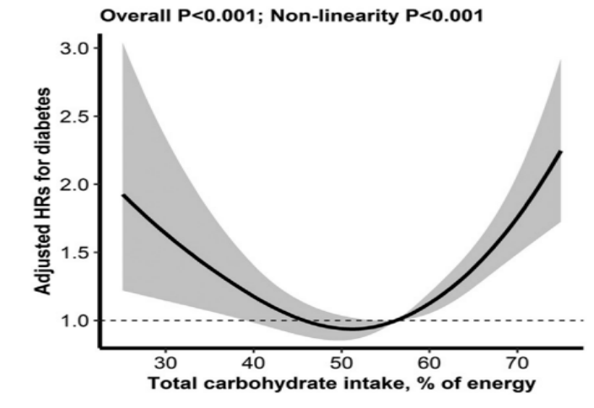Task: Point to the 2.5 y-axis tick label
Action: (x=73, y=115)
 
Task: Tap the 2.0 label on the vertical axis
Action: (x=73, y=184)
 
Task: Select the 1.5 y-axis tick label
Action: (x=73, y=252)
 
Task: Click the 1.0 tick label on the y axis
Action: (x=73, y=320)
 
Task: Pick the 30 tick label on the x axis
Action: (x=165, y=364)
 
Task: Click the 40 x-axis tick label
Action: (x=253, y=364)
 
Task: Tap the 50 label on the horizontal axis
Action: (x=341, y=364)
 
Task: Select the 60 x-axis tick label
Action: (x=429, y=364)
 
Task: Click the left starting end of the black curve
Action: (x=123, y=195)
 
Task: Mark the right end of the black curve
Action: (x=561, y=152)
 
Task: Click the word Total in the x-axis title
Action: (x=173, y=384)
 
